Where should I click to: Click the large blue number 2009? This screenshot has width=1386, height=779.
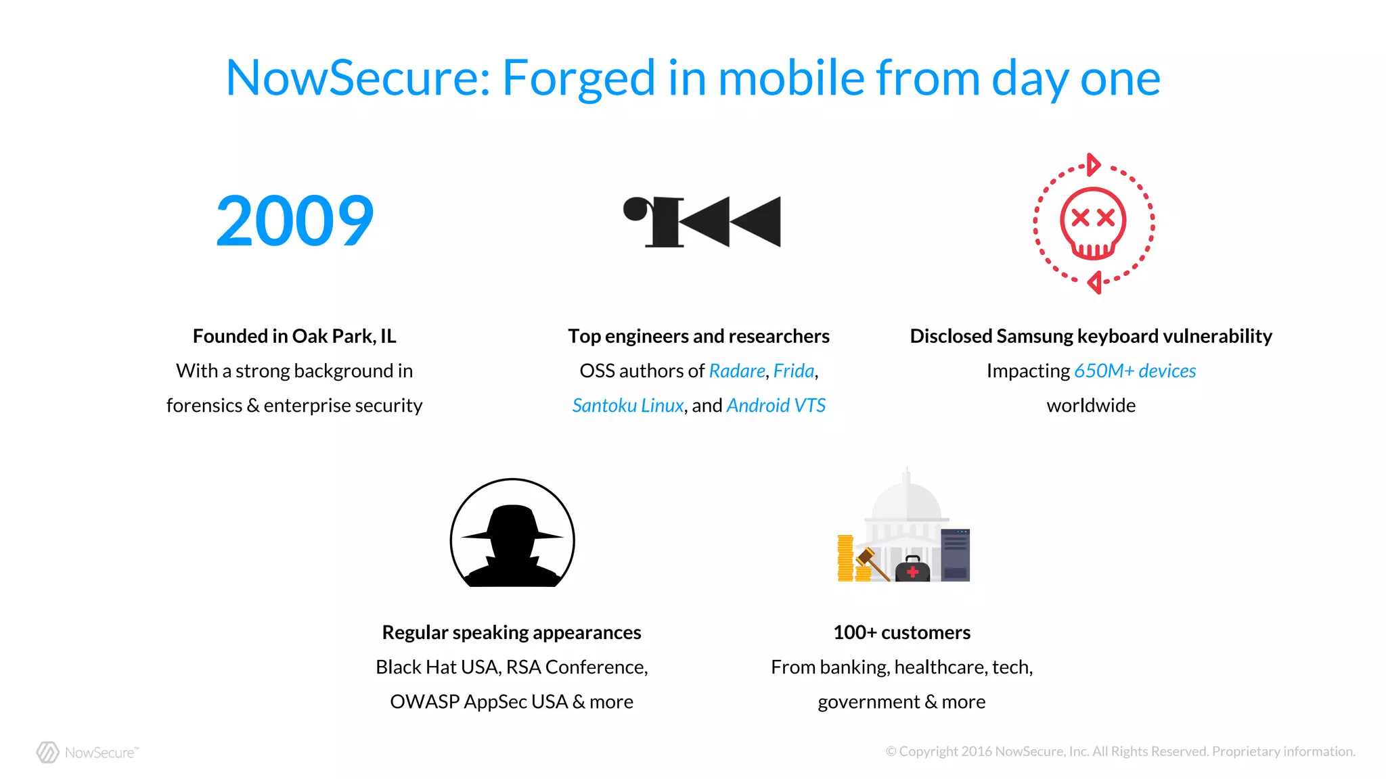point(294,220)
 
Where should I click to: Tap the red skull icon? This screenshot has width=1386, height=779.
point(1093,223)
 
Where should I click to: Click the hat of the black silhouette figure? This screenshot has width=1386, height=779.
point(512,523)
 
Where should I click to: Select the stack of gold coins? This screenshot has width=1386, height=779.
point(846,559)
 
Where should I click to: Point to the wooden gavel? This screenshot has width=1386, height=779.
point(872,564)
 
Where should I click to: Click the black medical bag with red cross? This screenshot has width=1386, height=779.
point(912,569)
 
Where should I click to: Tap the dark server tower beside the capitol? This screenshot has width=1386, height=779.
point(955,555)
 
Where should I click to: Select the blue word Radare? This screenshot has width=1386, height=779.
point(736,371)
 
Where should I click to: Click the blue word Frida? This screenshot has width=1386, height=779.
point(793,371)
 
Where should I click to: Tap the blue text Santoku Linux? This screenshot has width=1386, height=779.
point(627,405)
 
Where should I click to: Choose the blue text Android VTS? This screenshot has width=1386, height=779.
point(776,405)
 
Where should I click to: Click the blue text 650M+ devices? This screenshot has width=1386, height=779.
point(1134,371)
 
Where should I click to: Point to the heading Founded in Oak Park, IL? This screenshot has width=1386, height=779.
point(294,336)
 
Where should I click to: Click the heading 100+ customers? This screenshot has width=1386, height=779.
point(901,632)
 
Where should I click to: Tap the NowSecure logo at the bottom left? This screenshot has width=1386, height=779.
point(87,752)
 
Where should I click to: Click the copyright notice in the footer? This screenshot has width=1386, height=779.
point(1120,751)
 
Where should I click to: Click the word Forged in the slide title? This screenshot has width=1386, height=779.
point(579,78)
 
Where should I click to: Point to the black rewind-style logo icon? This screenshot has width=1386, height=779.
point(702,222)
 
